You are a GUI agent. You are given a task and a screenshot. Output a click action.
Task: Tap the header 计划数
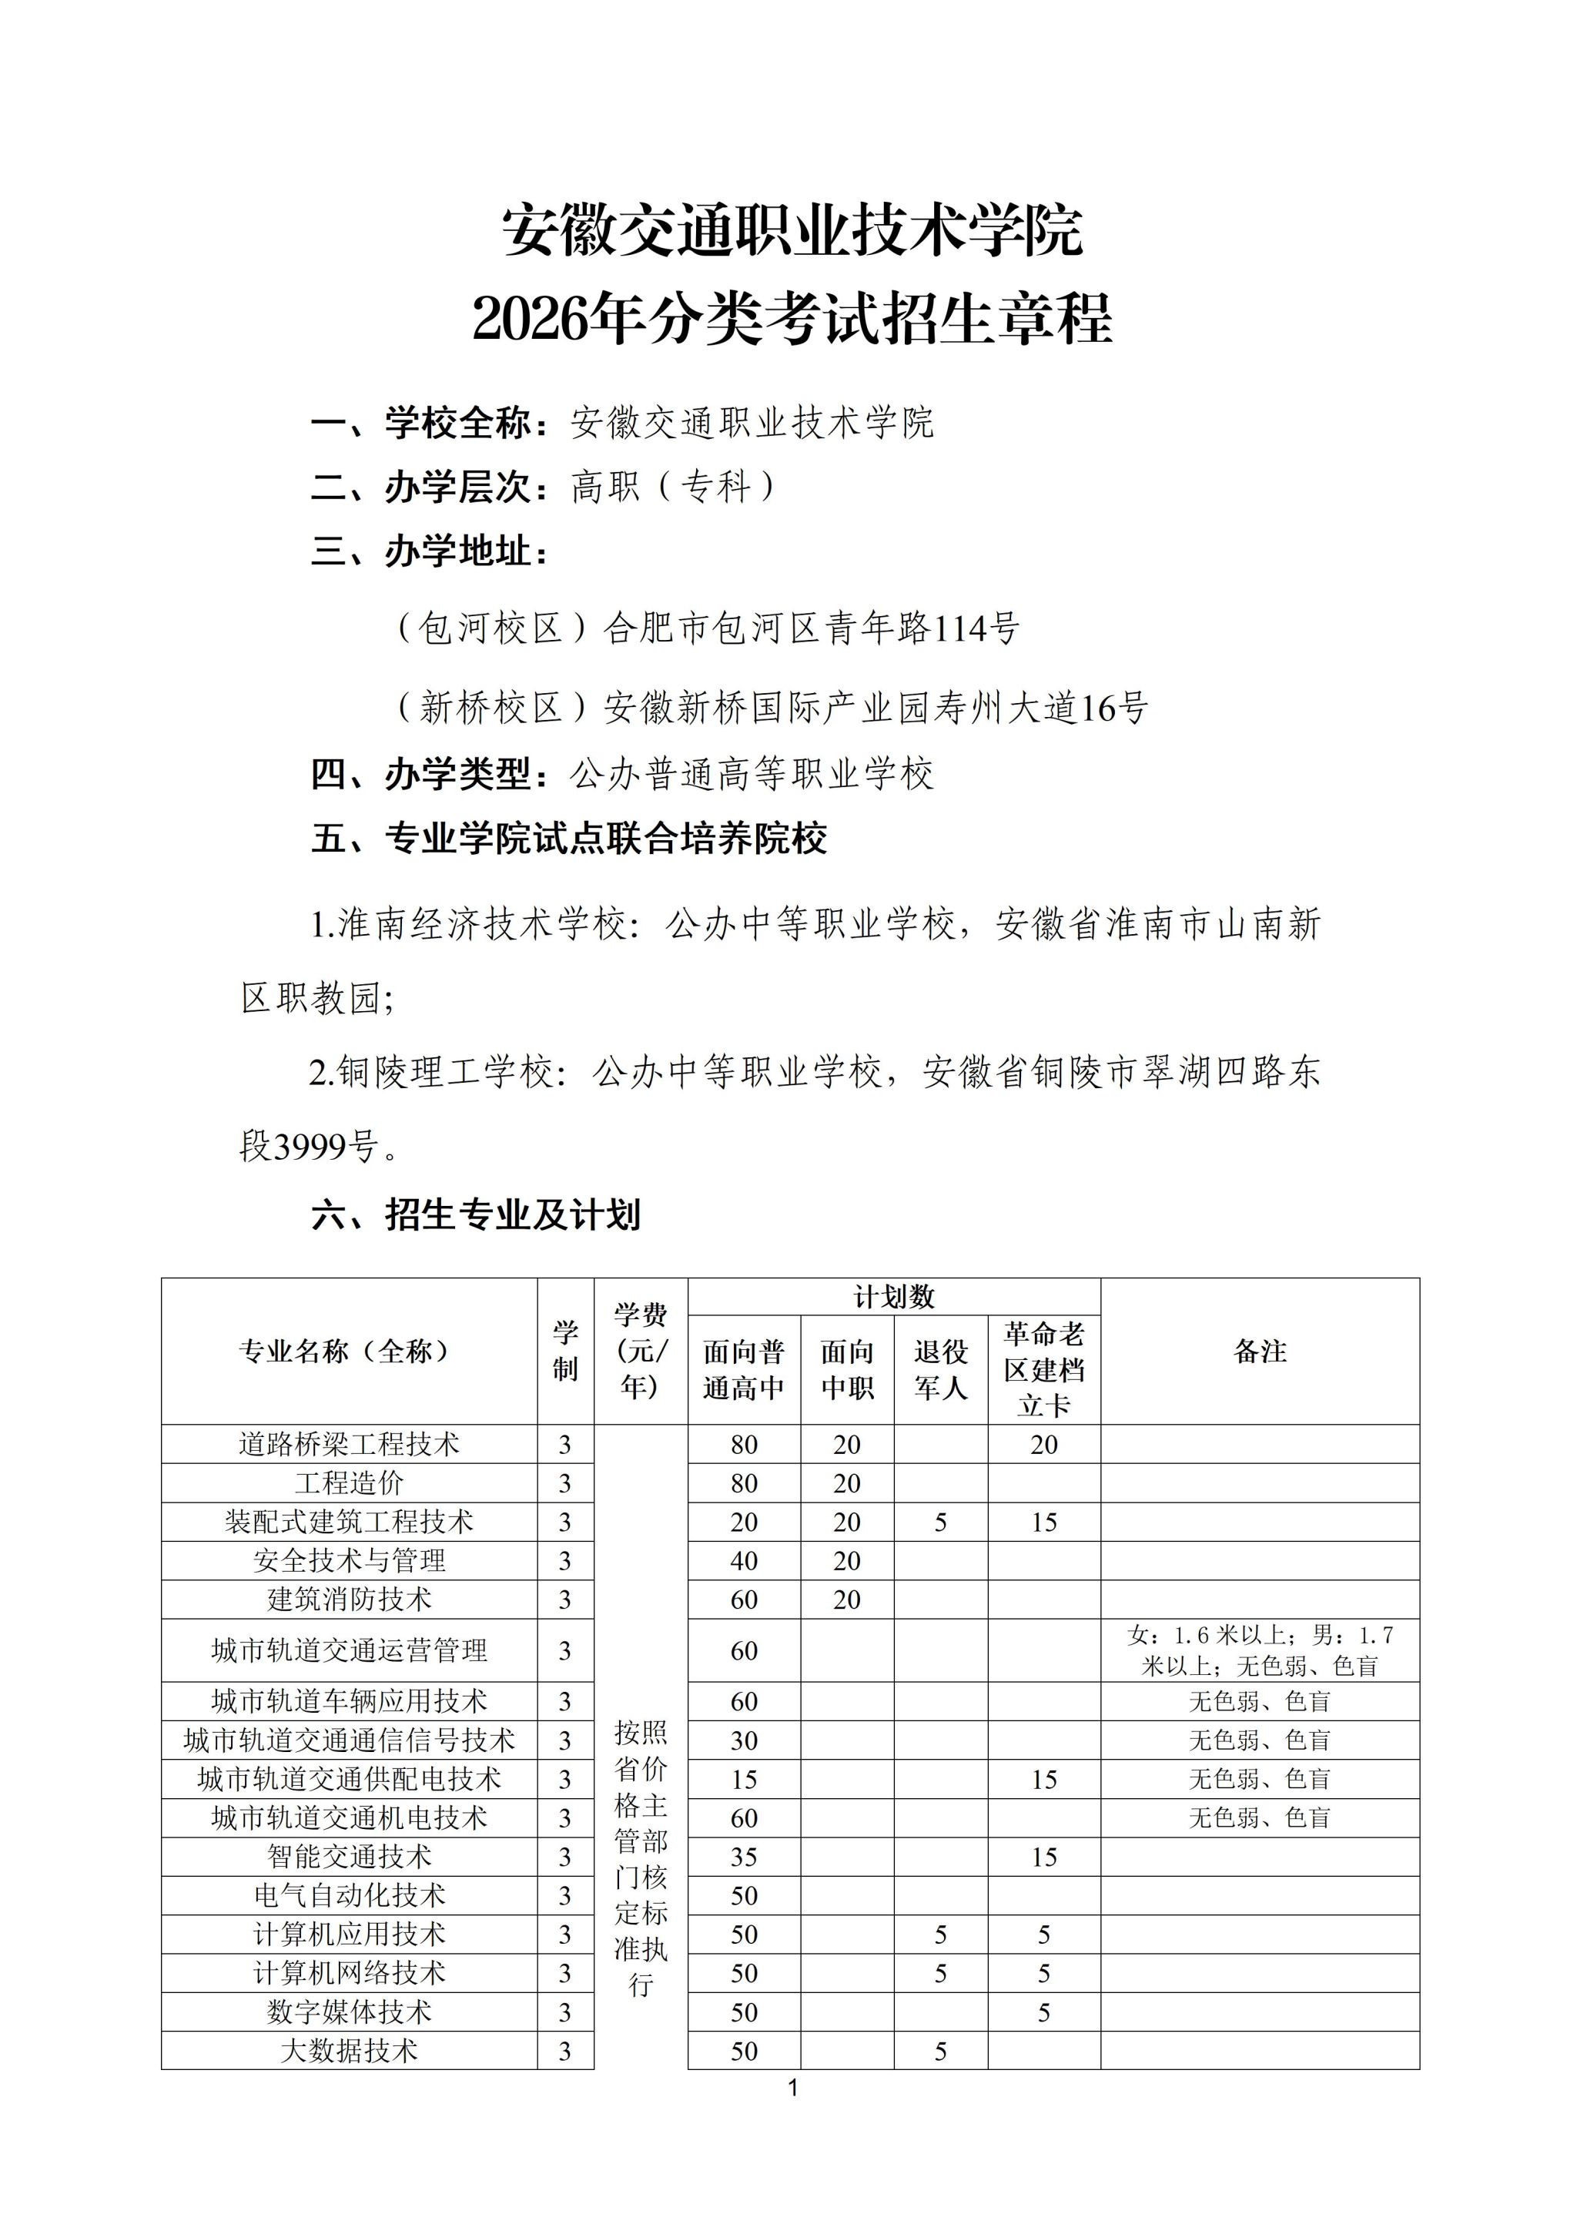pyautogui.click(x=894, y=1296)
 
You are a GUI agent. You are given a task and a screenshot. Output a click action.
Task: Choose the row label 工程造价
pyautogui.click(x=349, y=1482)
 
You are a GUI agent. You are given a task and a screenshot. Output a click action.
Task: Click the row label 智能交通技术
pyautogui.click(x=349, y=1856)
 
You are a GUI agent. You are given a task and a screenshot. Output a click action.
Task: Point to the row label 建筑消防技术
pyautogui.click(x=349, y=1600)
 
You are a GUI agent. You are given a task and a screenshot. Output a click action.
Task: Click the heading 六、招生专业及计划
pyautogui.click(x=475, y=1214)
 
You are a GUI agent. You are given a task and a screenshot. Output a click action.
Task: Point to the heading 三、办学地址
pyautogui.click(x=430, y=552)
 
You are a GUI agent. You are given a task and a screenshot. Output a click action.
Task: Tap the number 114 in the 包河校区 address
pyautogui.click(x=959, y=628)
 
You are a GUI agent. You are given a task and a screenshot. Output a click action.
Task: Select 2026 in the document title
pyautogui.click(x=531, y=320)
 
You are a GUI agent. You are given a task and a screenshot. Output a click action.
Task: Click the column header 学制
pyautogui.click(x=564, y=1351)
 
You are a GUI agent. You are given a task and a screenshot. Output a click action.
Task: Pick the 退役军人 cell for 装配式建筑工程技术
pyautogui.click(x=940, y=1522)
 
